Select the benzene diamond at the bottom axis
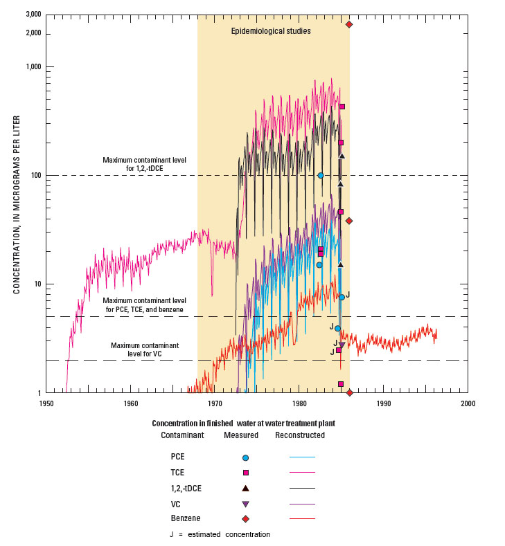349,392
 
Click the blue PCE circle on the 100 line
321,175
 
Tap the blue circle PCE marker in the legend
245,457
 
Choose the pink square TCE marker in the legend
245,473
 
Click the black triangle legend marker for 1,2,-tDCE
245,488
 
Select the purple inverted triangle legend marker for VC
245,504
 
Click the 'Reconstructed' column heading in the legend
300,435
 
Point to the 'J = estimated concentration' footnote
220,534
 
